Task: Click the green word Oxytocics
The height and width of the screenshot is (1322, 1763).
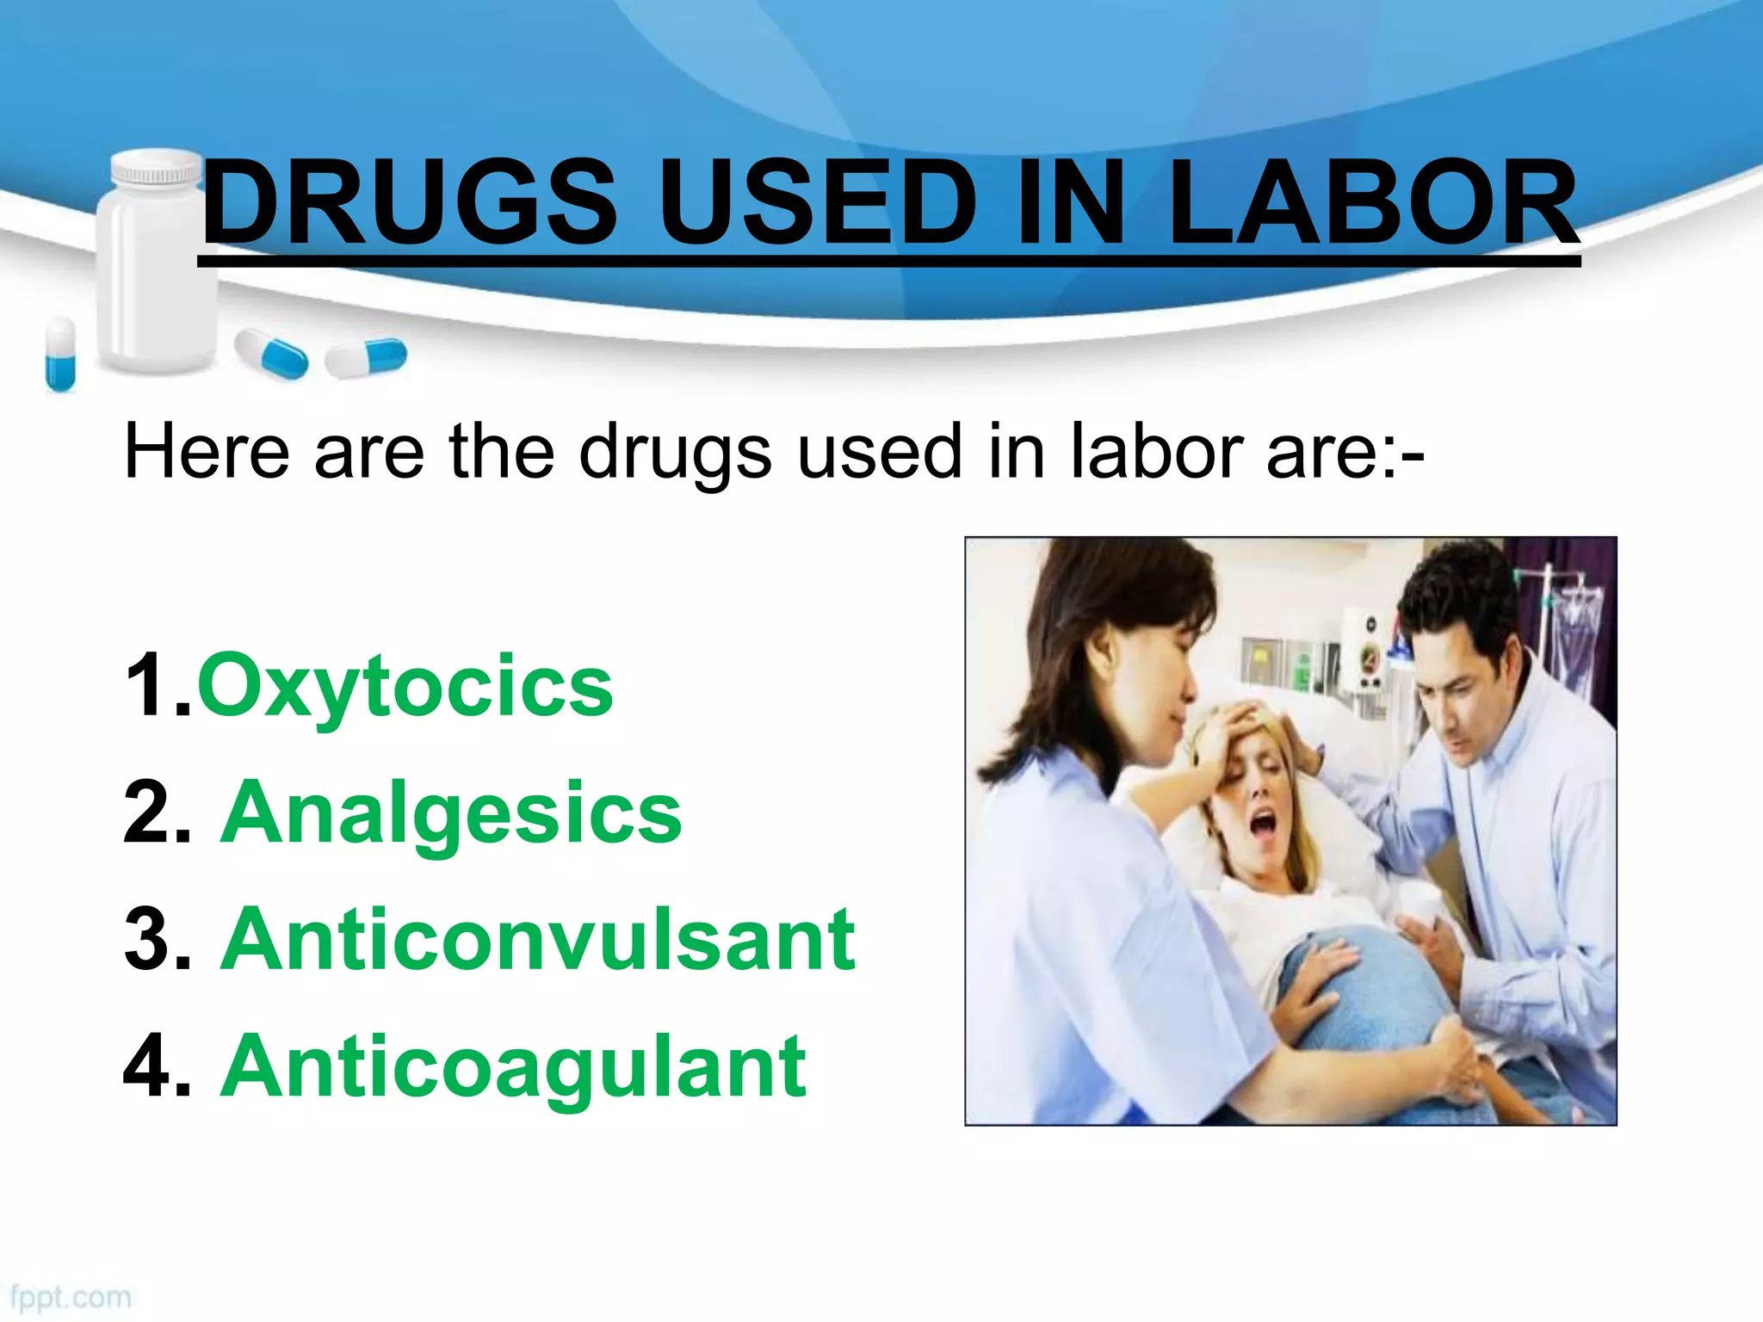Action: (x=405, y=686)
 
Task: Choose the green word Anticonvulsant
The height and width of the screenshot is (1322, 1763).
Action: (x=538, y=940)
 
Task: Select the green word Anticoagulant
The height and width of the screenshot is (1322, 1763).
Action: (x=514, y=1067)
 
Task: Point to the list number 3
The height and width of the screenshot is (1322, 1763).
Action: (x=155, y=940)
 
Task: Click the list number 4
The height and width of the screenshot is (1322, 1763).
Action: (x=155, y=1067)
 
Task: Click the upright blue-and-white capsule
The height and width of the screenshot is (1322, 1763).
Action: (x=60, y=353)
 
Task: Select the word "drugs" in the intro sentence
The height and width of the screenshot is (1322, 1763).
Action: (x=675, y=454)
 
